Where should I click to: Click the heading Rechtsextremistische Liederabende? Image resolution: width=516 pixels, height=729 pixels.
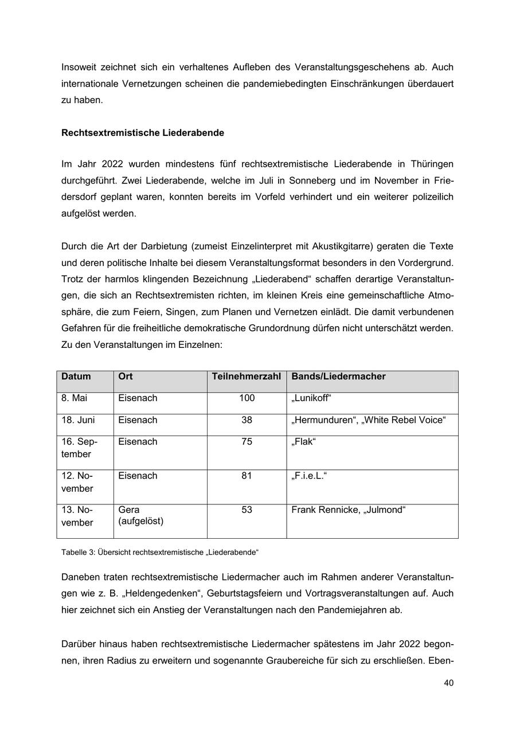(142, 133)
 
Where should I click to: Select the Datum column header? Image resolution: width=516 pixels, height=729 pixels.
(76, 377)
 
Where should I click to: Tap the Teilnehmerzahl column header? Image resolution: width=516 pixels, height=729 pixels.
(247, 377)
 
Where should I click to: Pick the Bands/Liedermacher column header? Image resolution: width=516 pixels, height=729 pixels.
(338, 377)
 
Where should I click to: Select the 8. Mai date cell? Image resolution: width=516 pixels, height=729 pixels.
(75, 398)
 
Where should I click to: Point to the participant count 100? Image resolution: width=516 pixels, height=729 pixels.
(247, 398)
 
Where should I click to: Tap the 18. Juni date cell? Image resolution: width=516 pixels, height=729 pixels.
(78, 420)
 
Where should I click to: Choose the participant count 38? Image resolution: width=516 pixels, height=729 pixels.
(247, 420)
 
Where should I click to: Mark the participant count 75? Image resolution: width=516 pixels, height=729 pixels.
(247, 442)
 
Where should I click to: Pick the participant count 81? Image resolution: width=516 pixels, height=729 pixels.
(247, 476)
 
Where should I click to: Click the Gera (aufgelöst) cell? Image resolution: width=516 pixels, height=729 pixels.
(141, 516)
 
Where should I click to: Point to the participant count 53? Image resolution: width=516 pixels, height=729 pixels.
(247, 510)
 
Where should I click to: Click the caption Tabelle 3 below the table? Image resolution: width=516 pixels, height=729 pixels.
(160, 552)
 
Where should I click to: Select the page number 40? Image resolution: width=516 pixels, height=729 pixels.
(448, 683)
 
